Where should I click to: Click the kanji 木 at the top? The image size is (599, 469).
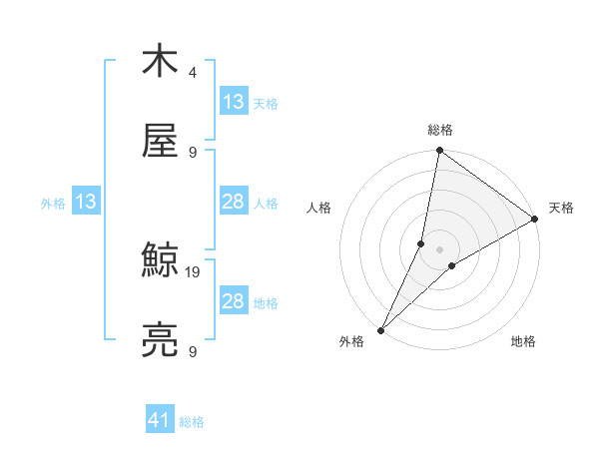click(160, 62)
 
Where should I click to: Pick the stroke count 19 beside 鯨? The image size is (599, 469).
click(194, 270)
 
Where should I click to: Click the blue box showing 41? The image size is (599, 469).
click(160, 420)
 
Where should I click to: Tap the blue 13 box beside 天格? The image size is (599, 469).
click(233, 101)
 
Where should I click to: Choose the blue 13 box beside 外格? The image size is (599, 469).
click(85, 203)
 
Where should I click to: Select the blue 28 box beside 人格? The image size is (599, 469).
click(233, 203)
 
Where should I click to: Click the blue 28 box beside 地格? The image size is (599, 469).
click(233, 301)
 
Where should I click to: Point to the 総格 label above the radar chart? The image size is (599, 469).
click(440, 130)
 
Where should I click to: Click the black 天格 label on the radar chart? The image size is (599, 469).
click(561, 208)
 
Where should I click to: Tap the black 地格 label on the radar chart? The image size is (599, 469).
click(523, 341)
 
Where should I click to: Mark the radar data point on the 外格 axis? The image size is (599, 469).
click(380, 329)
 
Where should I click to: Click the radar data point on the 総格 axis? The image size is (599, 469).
click(439, 152)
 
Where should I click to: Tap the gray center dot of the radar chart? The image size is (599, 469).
click(439, 249)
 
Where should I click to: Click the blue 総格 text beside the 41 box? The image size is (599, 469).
click(192, 422)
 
